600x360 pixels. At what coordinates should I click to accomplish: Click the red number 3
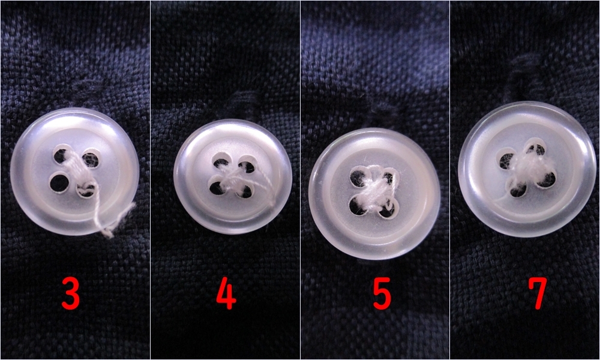tap(71, 293)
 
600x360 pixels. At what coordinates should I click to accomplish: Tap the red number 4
tap(227, 293)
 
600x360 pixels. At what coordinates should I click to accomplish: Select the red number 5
tap(382, 293)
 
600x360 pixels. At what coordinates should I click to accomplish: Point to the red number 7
tap(538, 293)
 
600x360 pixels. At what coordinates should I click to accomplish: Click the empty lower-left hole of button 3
tap(59, 182)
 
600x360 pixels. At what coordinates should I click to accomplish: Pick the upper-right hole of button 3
tap(91, 158)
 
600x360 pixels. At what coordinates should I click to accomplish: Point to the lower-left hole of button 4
tap(217, 187)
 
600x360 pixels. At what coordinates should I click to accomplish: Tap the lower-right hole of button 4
tap(245, 191)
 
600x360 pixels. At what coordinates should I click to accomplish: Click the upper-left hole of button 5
tap(359, 176)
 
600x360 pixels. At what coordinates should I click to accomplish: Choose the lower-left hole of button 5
tap(358, 206)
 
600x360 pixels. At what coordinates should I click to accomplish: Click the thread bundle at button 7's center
tap(528, 169)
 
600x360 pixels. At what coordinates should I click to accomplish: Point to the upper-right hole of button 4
tap(247, 165)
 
